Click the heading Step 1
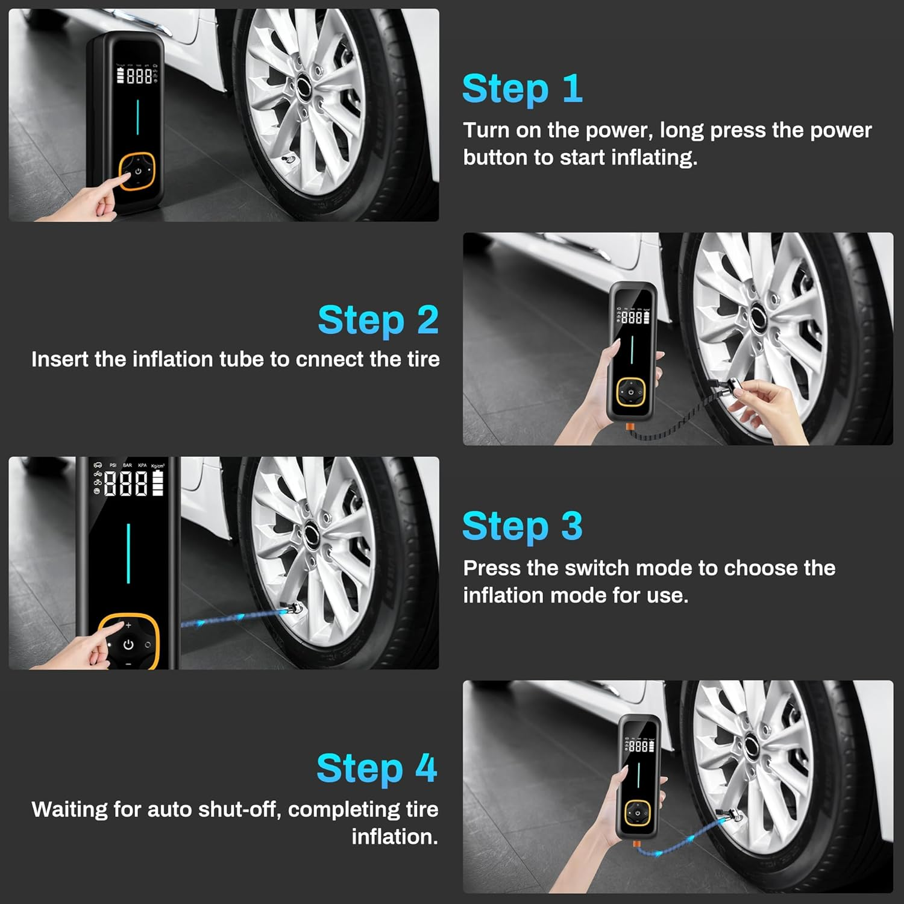(522, 89)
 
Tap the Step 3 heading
(522, 526)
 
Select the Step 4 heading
(377, 768)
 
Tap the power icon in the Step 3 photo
(128, 644)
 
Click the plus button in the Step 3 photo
(128, 625)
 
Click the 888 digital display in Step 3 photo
(125, 483)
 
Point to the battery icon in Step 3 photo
(158, 483)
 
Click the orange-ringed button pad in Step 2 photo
(630, 392)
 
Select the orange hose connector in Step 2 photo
(630, 427)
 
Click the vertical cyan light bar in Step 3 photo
(128, 553)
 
